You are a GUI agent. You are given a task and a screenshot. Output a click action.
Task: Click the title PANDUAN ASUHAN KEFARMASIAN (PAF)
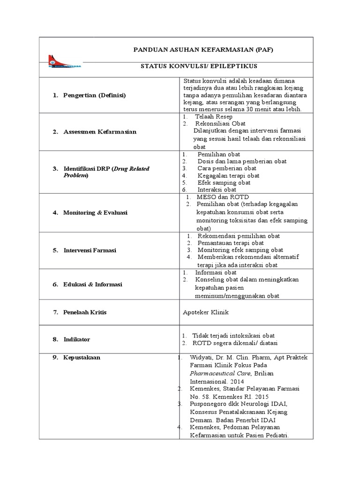coord(203,49)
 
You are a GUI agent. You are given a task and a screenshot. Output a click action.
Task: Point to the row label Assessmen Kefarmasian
coord(100,132)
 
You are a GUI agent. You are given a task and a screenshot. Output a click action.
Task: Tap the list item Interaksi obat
coord(217,189)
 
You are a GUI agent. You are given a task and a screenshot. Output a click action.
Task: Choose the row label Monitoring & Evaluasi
coord(96,212)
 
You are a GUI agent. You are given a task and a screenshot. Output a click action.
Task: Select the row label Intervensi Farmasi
coord(90,250)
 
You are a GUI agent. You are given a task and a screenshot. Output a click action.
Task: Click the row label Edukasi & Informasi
coord(93,284)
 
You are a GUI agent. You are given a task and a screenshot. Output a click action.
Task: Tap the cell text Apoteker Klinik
coord(206,312)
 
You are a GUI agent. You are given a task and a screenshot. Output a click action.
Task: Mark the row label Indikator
coord(77,339)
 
